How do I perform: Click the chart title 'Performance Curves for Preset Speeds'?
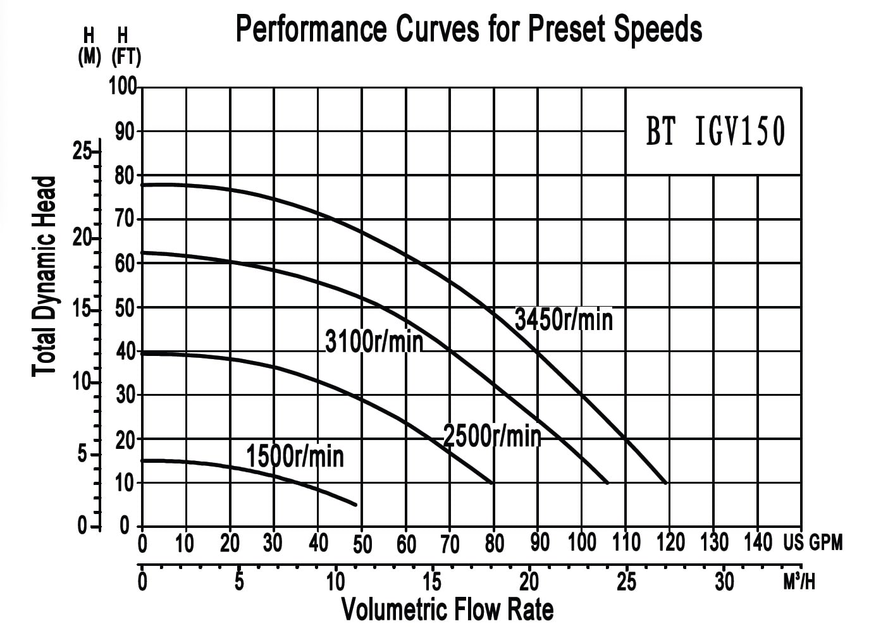[468, 30]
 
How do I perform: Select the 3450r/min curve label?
[564, 319]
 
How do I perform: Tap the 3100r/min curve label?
[374, 341]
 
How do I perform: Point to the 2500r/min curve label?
[492, 436]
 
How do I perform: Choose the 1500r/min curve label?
[295, 456]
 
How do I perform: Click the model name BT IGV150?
[715, 132]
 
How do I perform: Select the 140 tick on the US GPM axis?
[758, 542]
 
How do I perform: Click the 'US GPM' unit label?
[813, 542]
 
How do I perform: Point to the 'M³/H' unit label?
[799, 582]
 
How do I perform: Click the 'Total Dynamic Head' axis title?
[45, 276]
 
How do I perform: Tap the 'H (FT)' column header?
[126, 48]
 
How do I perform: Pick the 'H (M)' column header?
[89, 48]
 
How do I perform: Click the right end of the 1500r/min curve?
[356, 505]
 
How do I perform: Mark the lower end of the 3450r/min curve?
[666, 483]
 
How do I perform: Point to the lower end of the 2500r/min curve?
[492, 483]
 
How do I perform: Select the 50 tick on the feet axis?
[125, 308]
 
